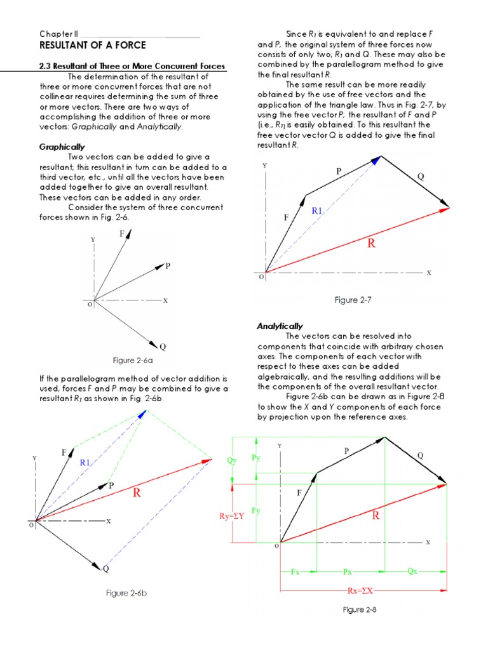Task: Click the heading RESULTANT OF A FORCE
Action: [93, 46]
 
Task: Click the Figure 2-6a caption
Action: [133, 361]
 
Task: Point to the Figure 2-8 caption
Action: [364, 610]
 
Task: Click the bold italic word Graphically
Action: [62, 147]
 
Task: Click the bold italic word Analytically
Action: [280, 326]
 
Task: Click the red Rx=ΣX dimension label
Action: [363, 591]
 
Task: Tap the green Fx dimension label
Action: [295, 571]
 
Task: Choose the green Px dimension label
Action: [348, 571]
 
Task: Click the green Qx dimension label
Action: [412, 571]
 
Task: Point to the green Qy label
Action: [232, 461]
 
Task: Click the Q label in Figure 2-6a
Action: [163, 347]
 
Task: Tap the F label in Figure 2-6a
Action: [122, 234]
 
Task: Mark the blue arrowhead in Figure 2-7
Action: [377, 160]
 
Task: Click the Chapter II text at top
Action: [58, 34]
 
